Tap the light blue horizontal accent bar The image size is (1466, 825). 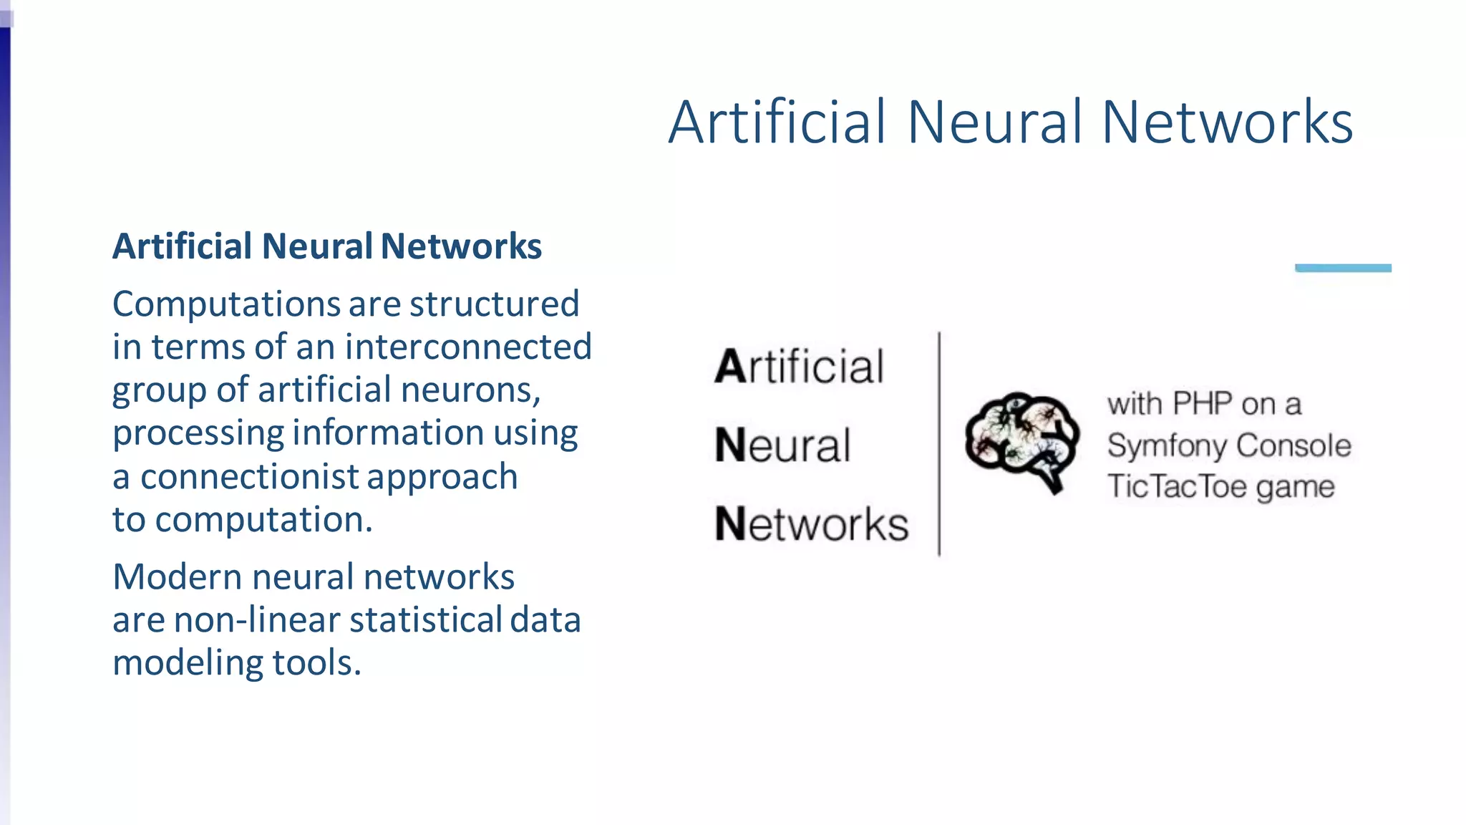pos(1343,268)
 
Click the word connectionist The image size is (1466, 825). pos(249,477)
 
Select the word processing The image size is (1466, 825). pos(198,434)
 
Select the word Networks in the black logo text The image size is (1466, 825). pos(812,524)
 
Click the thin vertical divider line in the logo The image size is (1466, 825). pos(939,444)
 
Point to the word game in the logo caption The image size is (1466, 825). pos(1295,487)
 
